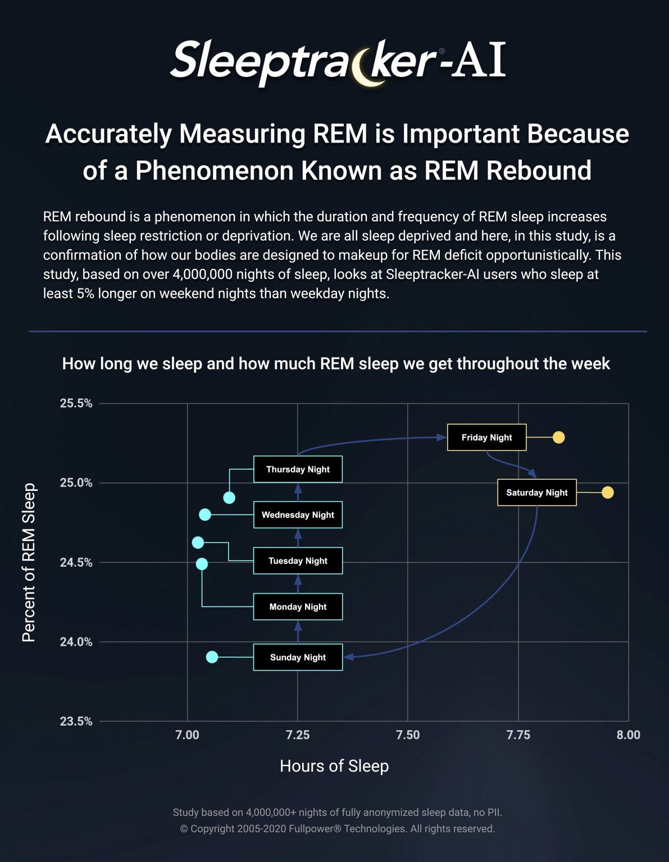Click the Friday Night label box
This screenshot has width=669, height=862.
(486, 437)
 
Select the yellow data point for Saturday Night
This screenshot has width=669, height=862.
(607, 492)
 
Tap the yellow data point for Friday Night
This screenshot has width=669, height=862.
(558, 437)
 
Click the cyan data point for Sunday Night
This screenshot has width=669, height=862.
(212, 657)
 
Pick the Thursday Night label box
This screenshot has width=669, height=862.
(298, 469)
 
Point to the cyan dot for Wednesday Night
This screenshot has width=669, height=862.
(205, 515)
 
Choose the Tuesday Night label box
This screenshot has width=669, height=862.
(298, 561)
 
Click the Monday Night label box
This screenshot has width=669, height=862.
(298, 607)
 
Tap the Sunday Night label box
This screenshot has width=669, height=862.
(298, 657)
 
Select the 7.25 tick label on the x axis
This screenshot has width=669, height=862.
(297, 735)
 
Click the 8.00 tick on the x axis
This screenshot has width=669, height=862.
(628, 735)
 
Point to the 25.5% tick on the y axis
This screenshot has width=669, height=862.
(76, 404)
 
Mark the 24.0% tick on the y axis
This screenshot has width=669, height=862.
(76, 642)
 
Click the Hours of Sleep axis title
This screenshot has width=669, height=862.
(334, 766)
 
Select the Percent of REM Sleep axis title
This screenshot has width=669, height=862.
(29, 562)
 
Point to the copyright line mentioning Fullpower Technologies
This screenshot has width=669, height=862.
(337, 829)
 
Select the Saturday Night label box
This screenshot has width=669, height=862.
(537, 492)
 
